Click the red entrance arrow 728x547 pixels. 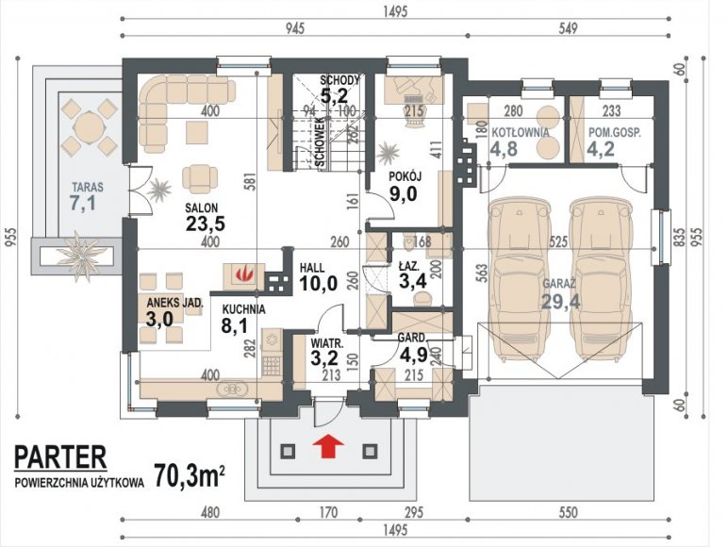pyautogui.click(x=328, y=447)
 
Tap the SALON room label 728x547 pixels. pyautogui.click(x=201, y=207)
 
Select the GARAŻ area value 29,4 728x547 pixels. pyautogui.click(x=561, y=302)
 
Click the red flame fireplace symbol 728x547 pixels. pyautogui.click(x=243, y=274)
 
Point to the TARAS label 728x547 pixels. pyautogui.click(x=88, y=188)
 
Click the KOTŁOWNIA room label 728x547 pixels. pyautogui.click(x=520, y=132)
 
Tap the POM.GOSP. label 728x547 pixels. pyautogui.click(x=615, y=132)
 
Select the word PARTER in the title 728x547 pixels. pyautogui.click(x=60, y=457)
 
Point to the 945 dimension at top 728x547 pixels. pyautogui.click(x=294, y=28)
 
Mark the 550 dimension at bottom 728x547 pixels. pyautogui.click(x=569, y=513)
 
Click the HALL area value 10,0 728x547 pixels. pyautogui.click(x=318, y=283)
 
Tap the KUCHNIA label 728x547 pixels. pyautogui.click(x=243, y=309)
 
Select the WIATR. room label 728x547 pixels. pyautogui.click(x=327, y=344)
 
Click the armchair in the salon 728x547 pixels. pyautogui.click(x=200, y=178)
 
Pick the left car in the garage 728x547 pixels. pyautogui.click(x=520, y=279)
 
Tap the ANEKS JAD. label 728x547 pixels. pyautogui.click(x=175, y=304)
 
